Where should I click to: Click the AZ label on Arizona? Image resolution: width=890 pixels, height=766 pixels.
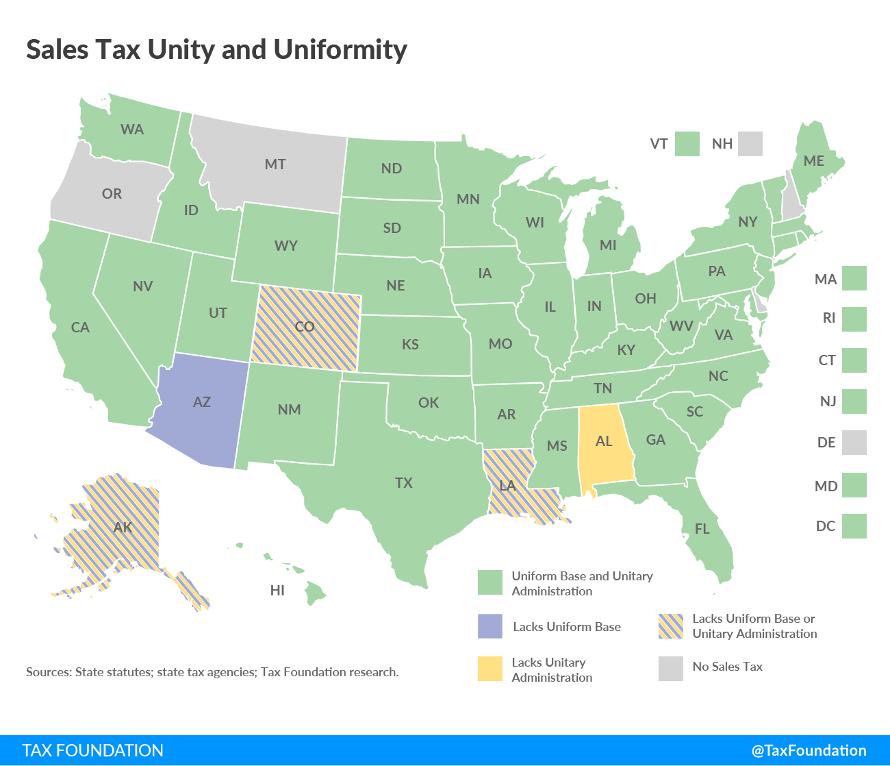(x=201, y=402)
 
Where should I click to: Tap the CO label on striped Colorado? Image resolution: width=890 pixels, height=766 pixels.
(x=305, y=326)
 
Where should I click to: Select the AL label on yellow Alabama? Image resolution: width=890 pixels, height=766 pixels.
(x=604, y=441)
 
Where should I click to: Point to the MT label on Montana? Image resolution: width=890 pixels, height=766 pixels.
(x=275, y=164)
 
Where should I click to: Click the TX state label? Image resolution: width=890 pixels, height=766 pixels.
(x=404, y=483)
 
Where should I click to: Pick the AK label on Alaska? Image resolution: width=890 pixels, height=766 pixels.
(x=123, y=528)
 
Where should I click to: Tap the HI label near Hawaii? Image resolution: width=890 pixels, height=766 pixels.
(x=277, y=591)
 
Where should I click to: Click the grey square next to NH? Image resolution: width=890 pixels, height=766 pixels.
(x=750, y=144)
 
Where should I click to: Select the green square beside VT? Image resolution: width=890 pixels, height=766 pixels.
(x=687, y=144)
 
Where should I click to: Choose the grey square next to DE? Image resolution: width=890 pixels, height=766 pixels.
(x=854, y=443)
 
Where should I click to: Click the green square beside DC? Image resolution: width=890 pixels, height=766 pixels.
(x=854, y=526)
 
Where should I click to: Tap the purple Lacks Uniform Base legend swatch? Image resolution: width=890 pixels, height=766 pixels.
(x=490, y=626)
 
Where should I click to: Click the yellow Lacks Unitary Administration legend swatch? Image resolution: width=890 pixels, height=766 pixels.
(x=490, y=669)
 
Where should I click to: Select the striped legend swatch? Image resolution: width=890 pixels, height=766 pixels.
(x=671, y=626)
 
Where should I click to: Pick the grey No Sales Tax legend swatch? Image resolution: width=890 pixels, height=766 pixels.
(x=671, y=669)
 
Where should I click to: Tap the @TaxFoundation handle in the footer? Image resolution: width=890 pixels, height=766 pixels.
(x=809, y=750)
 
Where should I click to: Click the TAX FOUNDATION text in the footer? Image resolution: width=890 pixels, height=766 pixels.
(x=93, y=750)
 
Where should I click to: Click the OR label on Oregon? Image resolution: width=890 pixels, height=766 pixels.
(x=112, y=194)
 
